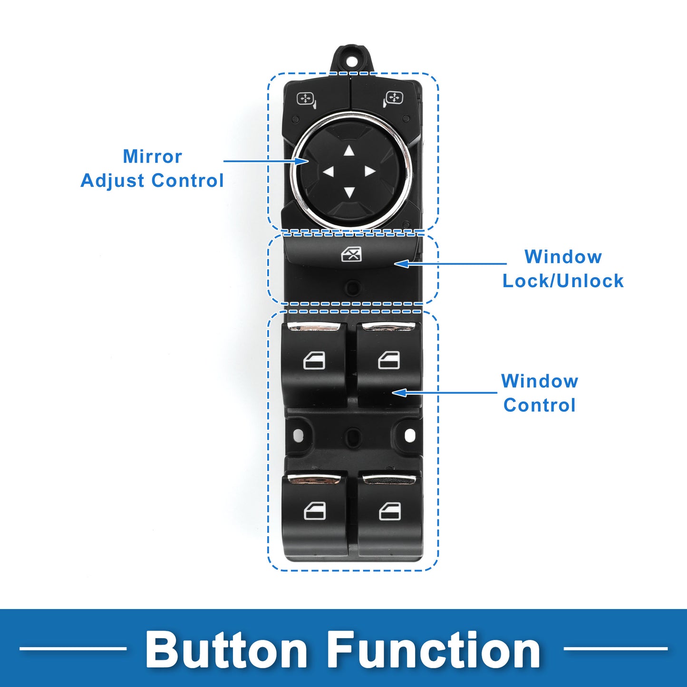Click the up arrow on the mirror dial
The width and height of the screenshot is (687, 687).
349,151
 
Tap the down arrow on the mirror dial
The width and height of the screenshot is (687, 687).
349,192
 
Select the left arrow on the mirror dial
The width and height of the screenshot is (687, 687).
329,172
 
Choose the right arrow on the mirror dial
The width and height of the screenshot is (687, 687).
370,172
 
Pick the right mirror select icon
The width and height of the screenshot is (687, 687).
393,99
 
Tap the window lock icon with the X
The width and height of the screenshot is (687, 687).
351,255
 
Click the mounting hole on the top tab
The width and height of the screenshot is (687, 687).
352,61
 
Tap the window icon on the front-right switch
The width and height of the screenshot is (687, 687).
389,360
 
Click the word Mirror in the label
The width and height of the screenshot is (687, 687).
152,156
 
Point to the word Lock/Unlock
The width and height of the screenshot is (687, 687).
563,281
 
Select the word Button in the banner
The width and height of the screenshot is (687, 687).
226,650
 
